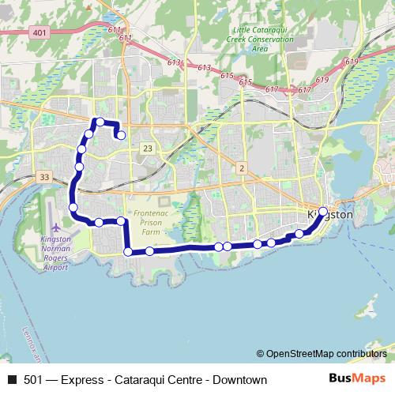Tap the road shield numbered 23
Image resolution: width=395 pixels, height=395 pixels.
tap(149, 149)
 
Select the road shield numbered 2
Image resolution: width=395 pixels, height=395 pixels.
tap(242, 167)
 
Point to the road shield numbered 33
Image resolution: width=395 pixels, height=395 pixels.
tap(43, 176)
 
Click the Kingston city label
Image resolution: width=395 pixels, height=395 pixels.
tap(330, 215)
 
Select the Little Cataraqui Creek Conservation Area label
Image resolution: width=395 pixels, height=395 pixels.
tap(255, 36)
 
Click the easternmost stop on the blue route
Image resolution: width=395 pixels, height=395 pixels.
tap(322, 211)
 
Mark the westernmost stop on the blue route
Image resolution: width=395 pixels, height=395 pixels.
tap(73, 208)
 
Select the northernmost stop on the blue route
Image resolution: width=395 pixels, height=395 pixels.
tap(100, 122)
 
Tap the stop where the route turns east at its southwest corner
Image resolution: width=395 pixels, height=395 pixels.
tap(128, 252)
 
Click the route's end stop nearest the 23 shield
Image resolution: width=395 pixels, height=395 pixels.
tap(122, 135)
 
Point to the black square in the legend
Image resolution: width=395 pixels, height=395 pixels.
tap(12, 380)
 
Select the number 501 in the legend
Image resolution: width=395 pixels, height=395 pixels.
tap(33, 380)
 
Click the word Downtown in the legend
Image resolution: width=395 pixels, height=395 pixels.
tap(238, 380)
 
